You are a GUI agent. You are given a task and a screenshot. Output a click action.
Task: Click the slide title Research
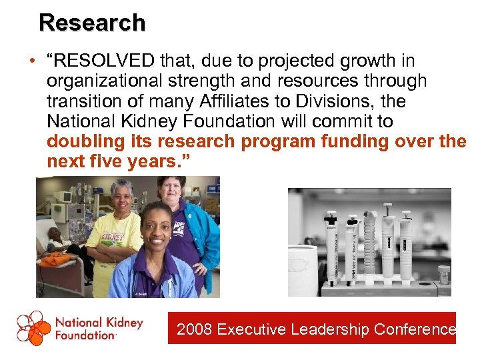click(92, 23)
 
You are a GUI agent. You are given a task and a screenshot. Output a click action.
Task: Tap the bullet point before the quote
click(32, 62)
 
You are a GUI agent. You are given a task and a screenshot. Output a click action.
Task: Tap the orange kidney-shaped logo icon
click(33, 328)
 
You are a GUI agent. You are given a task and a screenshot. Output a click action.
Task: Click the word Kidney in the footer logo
click(122, 323)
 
